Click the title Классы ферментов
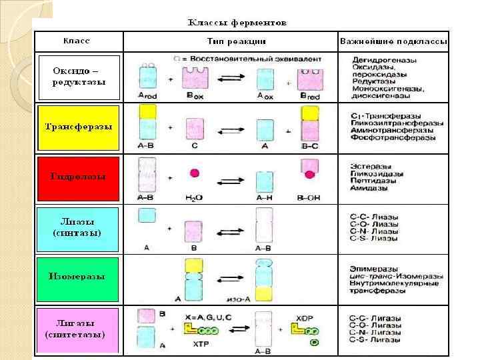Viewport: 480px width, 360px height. (237, 22)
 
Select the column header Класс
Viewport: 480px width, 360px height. (77, 41)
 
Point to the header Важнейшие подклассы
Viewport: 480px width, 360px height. (393, 41)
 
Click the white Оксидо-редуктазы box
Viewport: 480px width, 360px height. (78, 77)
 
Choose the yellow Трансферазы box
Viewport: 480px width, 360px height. (78, 127)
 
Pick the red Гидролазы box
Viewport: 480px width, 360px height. (78, 177)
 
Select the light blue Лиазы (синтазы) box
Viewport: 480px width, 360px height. (78, 227)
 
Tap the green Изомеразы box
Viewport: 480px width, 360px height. (78, 276)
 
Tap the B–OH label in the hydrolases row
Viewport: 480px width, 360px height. (311, 197)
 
